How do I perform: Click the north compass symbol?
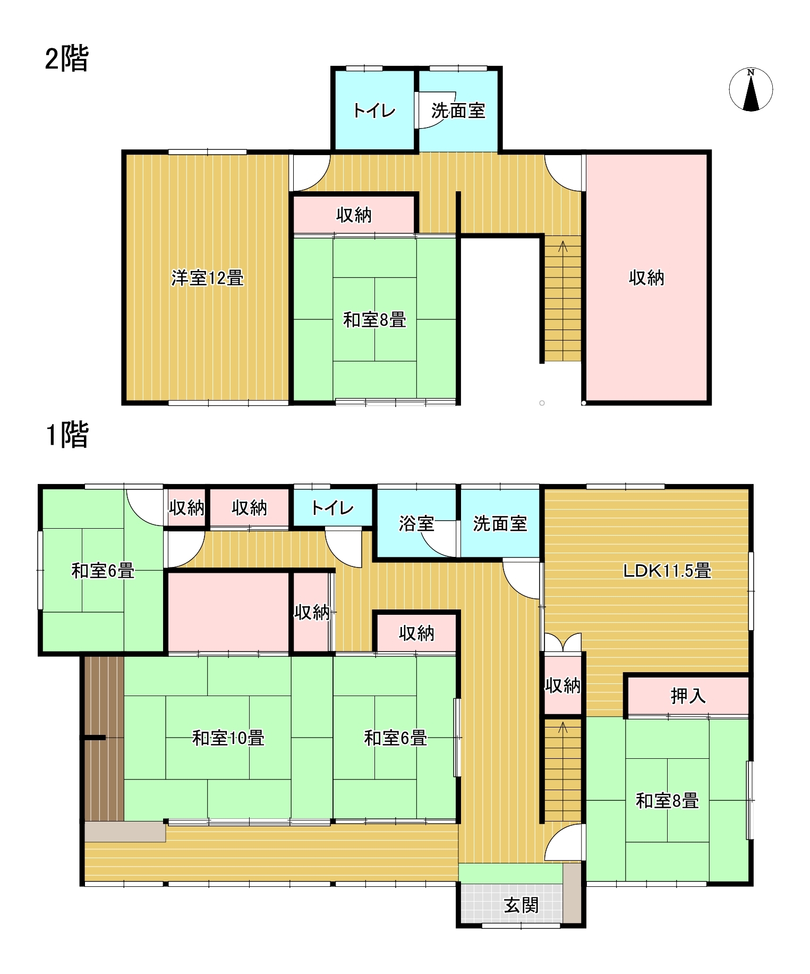[751, 89]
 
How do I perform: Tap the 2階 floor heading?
[67, 58]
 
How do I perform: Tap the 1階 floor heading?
[67, 435]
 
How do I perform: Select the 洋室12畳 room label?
[207, 278]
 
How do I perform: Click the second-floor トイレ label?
[374, 111]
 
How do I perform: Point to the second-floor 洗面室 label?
[458, 111]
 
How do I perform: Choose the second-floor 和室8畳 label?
[374, 320]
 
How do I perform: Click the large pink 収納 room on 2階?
[646, 278]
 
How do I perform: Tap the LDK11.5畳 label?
[667, 571]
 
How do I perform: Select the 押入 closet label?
[688, 696]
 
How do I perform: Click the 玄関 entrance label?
[521, 905]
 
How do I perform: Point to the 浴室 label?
[416, 524]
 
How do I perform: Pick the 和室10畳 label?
[228, 738]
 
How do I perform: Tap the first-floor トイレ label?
[332, 508]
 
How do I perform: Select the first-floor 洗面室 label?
[500, 524]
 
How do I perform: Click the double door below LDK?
[562, 642]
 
